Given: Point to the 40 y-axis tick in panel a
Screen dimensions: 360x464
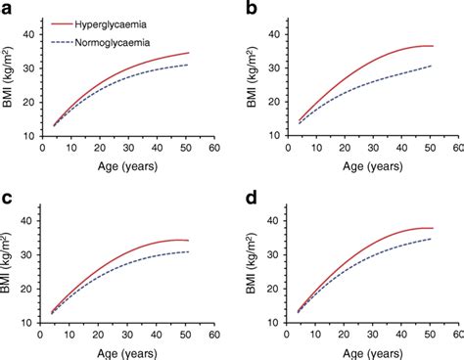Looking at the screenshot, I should [29, 36].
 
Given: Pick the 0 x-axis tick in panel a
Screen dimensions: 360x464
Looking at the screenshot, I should [41, 147].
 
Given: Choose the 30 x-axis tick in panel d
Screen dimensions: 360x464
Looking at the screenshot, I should [369, 333].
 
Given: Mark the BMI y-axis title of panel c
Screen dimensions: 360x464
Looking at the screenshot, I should [12, 271].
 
